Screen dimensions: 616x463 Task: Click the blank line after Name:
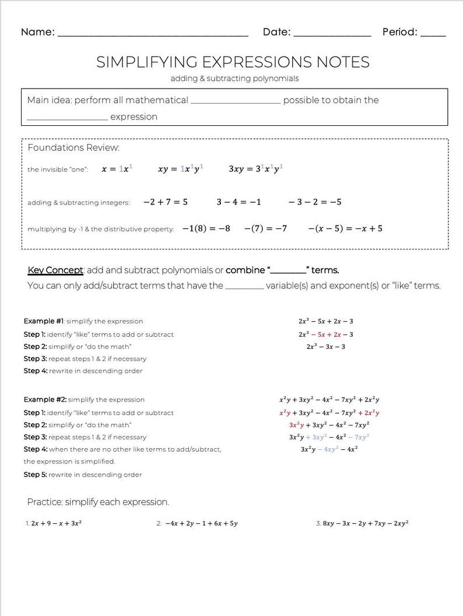pyautogui.click(x=153, y=34)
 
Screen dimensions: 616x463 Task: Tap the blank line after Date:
pyautogui.click(x=332, y=34)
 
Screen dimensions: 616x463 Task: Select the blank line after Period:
pyautogui.click(x=433, y=34)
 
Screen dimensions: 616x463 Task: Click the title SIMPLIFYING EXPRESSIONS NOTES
pyautogui.click(x=233, y=62)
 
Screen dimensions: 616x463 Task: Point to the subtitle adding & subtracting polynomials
pyautogui.click(x=234, y=78)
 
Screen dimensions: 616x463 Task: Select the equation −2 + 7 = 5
pyautogui.click(x=166, y=202)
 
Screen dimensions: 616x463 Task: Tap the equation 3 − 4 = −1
pyautogui.click(x=239, y=202)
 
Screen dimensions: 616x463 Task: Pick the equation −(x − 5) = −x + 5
pyautogui.click(x=345, y=228)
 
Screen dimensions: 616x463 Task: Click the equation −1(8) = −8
pyautogui.click(x=206, y=228)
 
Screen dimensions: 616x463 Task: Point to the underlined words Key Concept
pyautogui.click(x=56, y=270)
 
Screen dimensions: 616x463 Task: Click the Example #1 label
pyautogui.click(x=44, y=321)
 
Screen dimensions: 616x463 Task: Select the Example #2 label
pyautogui.click(x=44, y=400)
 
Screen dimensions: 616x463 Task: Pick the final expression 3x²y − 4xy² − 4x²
pyautogui.click(x=329, y=449)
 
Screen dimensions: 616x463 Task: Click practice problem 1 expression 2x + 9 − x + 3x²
pyautogui.click(x=56, y=523)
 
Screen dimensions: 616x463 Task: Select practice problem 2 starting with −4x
pyautogui.click(x=201, y=523)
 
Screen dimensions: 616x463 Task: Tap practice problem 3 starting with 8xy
pyautogui.click(x=365, y=523)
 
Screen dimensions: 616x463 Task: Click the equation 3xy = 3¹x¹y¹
pyautogui.click(x=256, y=169)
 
